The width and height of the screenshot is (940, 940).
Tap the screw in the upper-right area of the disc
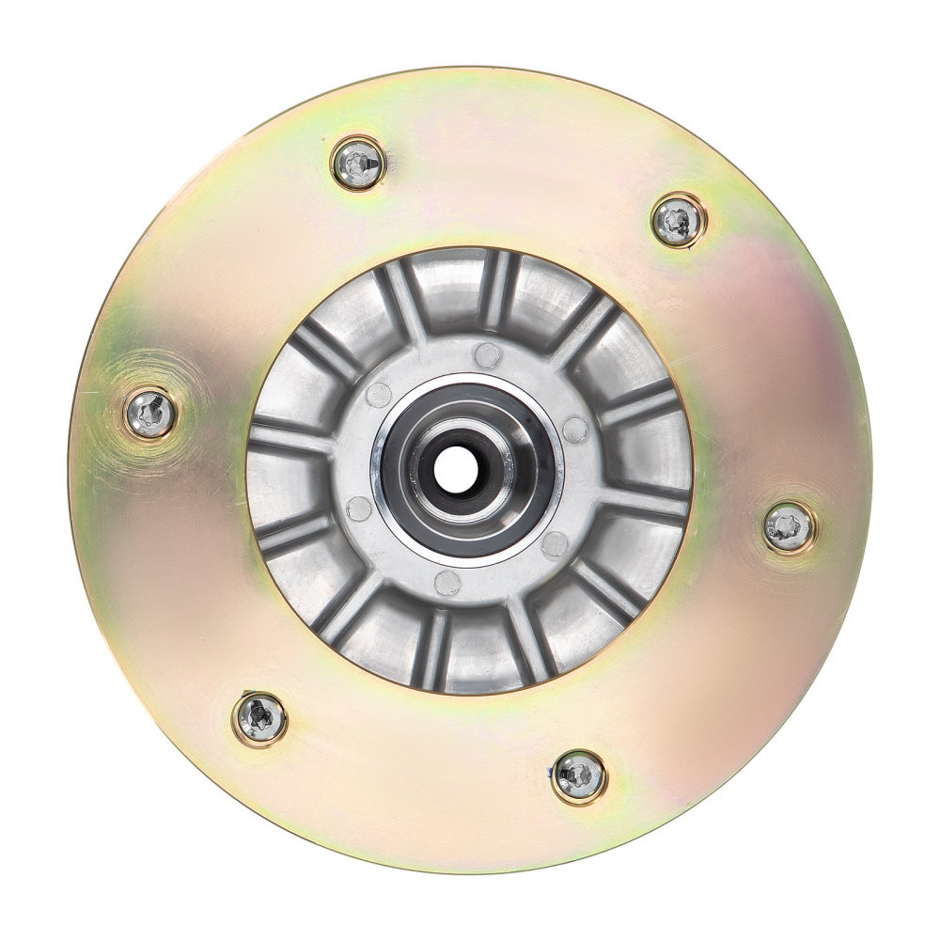point(679,220)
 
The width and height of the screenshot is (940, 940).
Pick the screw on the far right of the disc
point(788,527)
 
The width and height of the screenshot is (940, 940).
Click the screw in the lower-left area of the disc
point(259,718)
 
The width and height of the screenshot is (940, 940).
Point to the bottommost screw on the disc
point(578,776)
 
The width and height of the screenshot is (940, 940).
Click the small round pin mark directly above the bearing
point(487,353)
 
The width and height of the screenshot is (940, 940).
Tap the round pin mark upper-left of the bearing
point(379,395)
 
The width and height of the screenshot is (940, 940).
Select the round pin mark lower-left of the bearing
point(359,509)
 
